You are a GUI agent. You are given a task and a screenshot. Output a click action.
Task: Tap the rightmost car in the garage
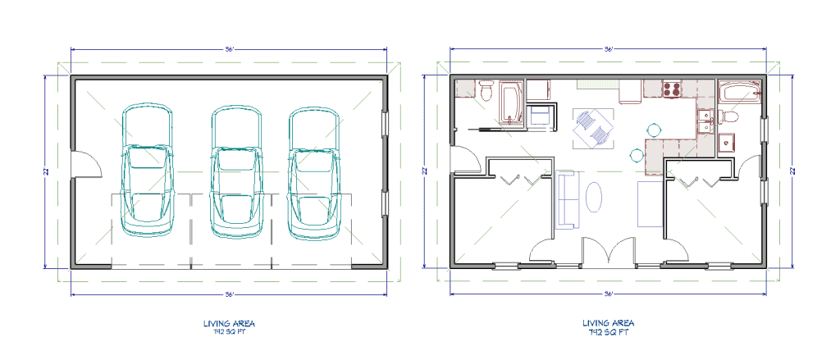pyautogui.click(x=313, y=175)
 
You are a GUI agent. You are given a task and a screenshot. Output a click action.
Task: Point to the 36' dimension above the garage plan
pyautogui.click(x=230, y=49)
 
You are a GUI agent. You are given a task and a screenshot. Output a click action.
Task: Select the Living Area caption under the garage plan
pyautogui.click(x=229, y=327)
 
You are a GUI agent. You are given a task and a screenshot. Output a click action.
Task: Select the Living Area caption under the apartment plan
pyautogui.click(x=608, y=327)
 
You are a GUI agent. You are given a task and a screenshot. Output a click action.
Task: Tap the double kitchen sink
pyautogui.click(x=703, y=121)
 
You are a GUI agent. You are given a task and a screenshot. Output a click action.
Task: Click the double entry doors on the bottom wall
pyautogui.click(x=609, y=251)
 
